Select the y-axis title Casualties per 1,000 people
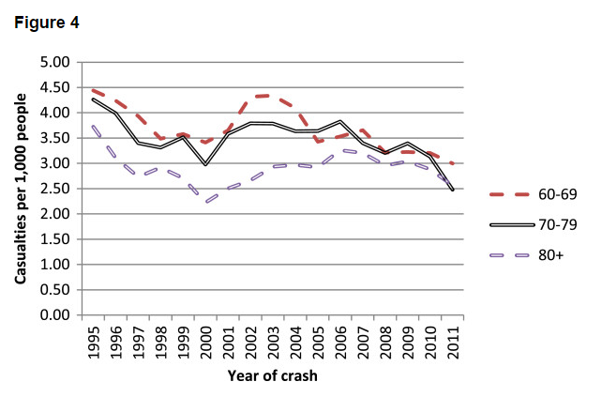coord(20,189)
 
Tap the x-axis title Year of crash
coord(272,376)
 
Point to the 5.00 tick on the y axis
coord(55,63)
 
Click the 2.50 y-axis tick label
coord(55,189)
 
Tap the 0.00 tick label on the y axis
coord(55,314)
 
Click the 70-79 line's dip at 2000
coord(206,164)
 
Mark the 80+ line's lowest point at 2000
coord(206,202)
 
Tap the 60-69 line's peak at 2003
coord(274,96)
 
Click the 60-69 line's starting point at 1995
coord(93,90)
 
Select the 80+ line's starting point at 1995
coord(93,126)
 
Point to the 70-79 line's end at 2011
coord(454,190)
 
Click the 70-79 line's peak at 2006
coord(341,122)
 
